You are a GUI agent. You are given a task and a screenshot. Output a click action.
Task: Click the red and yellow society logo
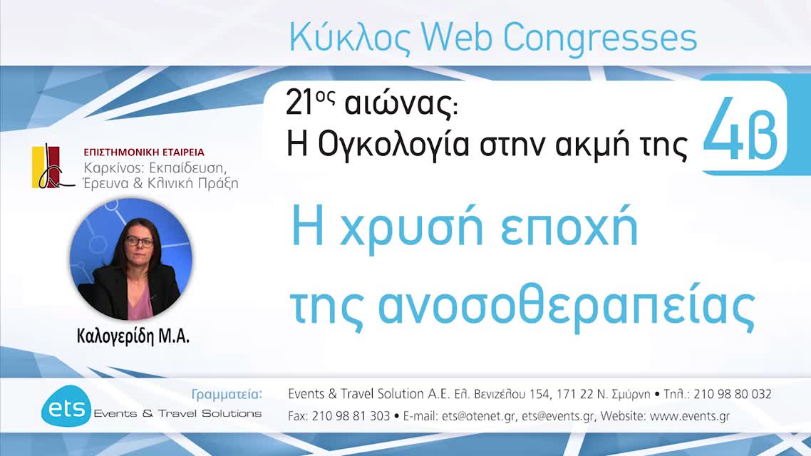click(52, 167)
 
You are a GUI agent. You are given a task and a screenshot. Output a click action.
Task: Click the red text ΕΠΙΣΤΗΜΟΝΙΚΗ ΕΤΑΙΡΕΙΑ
click(144, 152)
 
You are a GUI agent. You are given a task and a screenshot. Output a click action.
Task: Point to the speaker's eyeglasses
click(139, 242)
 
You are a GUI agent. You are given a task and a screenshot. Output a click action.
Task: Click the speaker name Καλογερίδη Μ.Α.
click(133, 337)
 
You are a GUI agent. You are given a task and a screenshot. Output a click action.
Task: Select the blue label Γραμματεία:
click(227, 394)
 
